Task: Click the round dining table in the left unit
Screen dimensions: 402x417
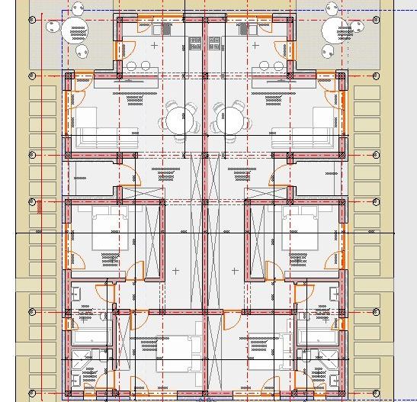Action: [178, 120]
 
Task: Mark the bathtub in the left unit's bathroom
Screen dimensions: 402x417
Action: [91, 336]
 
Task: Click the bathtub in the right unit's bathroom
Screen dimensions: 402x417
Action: [318, 336]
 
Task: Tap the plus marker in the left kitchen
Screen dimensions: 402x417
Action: [156, 46]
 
